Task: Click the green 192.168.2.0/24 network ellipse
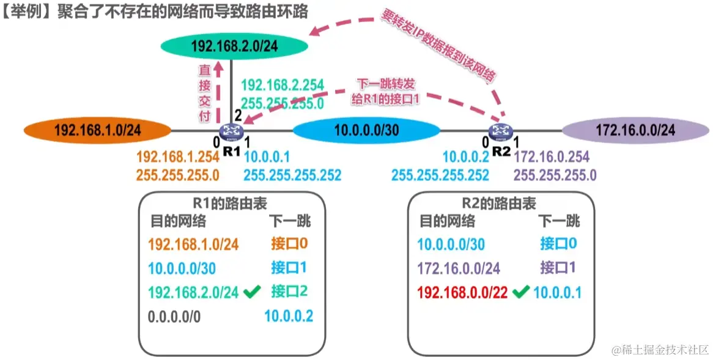[x=233, y=45]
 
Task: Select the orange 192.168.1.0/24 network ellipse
[x=97, y=130]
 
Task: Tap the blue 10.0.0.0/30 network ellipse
[x=366, y=130]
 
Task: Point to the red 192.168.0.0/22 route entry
[x=463, y=293]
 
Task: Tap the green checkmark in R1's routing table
[x=249, y=293]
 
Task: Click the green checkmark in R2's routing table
[x=520, y=293]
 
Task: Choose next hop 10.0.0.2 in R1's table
[x=289, y=316]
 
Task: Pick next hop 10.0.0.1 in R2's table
[x=557, y=293]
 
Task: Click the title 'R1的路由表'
[x=231, y=204]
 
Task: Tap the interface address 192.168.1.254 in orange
[x=177, y=157]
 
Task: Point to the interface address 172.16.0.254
[x=552, y=157]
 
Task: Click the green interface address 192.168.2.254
[x=283, y=86]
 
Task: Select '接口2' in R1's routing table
[x=289, y=292]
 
